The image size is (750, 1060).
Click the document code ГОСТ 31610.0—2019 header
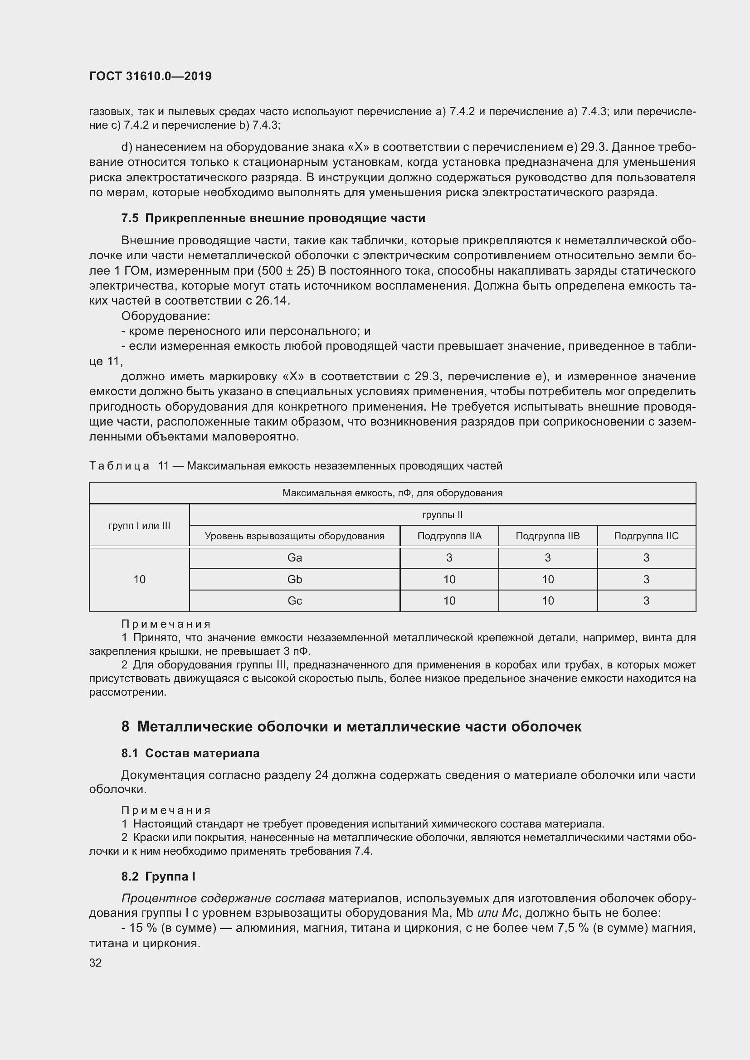point(150,76)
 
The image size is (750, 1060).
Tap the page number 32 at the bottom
point(95,963)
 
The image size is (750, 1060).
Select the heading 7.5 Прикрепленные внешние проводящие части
point(273,218)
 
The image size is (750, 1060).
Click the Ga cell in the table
point(295,558)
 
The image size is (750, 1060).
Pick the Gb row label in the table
point(295,580)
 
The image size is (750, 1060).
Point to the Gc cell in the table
point(295,600)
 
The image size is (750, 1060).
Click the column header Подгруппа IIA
point(449,536)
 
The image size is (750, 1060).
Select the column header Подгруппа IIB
point(548,536)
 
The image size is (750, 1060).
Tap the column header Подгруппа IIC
point(646,536)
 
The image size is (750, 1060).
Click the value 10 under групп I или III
point(140,580)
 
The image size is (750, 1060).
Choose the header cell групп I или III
point(140,525)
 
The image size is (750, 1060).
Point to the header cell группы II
point(443,515)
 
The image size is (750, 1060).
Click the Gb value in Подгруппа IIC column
point(646,580)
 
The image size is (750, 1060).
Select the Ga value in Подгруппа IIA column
point(449,558)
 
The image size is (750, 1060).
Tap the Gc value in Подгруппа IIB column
point(548,600)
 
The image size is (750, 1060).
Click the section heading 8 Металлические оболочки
point(351,726)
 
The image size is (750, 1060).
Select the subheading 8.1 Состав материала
point(190,754)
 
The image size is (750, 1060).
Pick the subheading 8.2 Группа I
point(158,877)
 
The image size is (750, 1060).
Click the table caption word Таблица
point(119,466)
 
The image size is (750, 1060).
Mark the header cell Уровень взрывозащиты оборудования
point(295,536)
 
